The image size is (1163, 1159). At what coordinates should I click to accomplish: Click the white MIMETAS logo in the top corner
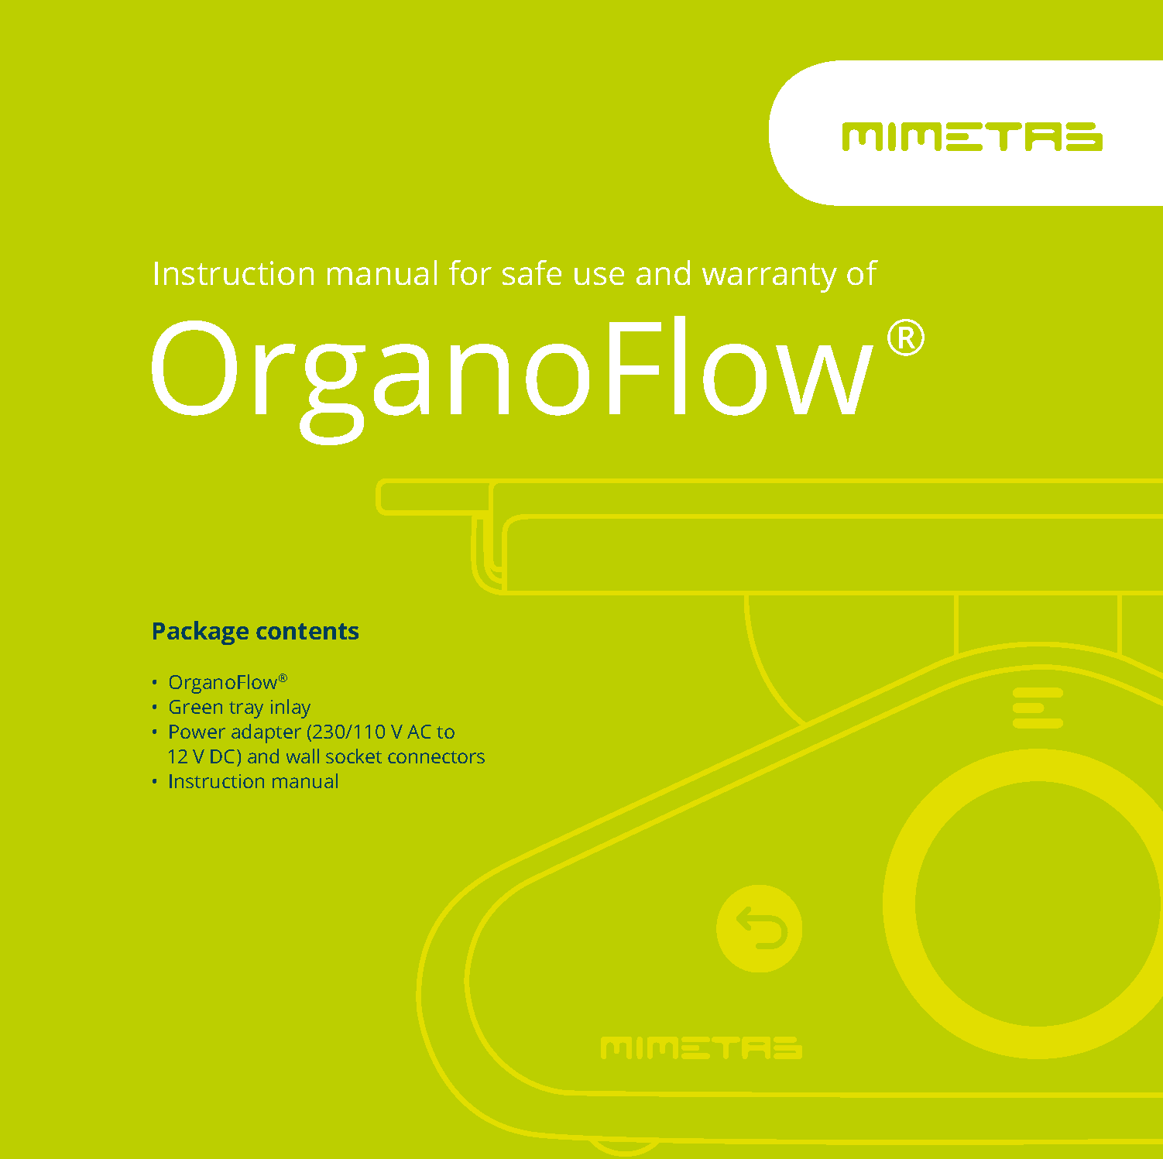click(x=972, y=137)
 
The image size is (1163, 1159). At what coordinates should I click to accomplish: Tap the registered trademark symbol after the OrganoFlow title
click(x=905, y=339)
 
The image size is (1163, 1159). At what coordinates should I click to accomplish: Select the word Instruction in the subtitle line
click(x=233, y=274)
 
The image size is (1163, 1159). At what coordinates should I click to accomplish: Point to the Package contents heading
click(x=255, y=631)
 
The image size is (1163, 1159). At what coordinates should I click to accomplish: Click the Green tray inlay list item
click(x=239, y=707)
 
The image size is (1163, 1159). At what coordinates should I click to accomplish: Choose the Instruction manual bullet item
click(x=253, y=781)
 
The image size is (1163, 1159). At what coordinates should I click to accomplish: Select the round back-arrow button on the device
click(x=759, y=928)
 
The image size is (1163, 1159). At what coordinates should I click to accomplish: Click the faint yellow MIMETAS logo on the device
click(x=701, y=1048)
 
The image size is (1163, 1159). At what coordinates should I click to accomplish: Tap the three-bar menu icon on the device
click(x=1038, y=708)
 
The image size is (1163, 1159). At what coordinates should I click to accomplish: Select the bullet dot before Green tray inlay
click(x=155, y=707)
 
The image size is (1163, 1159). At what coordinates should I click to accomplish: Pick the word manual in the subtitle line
click(x=382, y=274)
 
